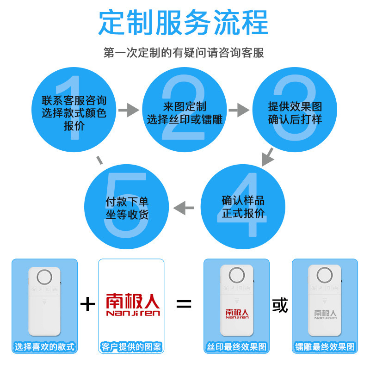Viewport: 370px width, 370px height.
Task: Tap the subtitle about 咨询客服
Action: click(184, 52)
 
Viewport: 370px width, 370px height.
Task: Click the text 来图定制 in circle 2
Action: click(185, 106)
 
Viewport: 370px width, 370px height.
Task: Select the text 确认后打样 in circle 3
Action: click(295, 119)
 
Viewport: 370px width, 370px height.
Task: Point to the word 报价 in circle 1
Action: click(74, 126)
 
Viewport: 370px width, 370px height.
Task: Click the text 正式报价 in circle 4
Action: click(243, 214)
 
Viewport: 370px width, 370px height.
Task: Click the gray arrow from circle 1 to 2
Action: click(129, 110)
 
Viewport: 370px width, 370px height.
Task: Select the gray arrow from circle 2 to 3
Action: click(239, 110)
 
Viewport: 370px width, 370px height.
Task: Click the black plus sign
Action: click(88, 304)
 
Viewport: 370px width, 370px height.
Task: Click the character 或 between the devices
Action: click(280, 305)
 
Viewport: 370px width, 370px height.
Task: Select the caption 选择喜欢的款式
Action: click(44, 347)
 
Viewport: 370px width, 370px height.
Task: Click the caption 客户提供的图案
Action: click(131, 347)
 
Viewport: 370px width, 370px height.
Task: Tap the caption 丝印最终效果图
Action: click(236, 347)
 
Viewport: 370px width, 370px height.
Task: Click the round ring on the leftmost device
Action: click(44, 277)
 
